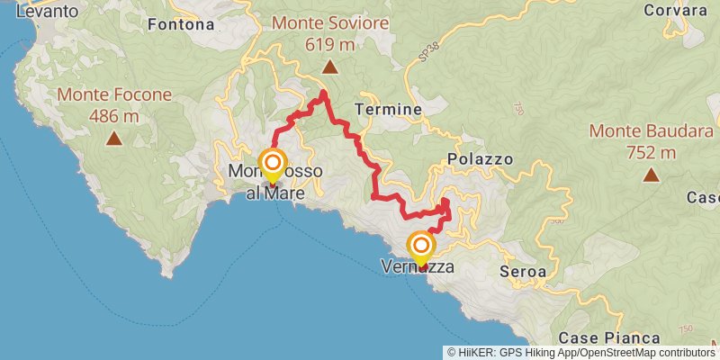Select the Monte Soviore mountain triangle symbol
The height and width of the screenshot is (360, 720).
tap(330, 67)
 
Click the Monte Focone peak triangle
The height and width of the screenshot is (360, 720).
tap(114, 138)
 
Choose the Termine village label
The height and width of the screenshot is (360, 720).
tap(388, 109)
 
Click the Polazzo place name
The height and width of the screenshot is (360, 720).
tap(480, 158)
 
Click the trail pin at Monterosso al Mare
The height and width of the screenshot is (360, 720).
tap(273, 164)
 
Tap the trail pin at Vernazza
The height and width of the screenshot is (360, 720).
tap(420, 246)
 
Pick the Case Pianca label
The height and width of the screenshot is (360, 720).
tap(598, 337)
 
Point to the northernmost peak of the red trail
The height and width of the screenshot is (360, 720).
tap(322, 94)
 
